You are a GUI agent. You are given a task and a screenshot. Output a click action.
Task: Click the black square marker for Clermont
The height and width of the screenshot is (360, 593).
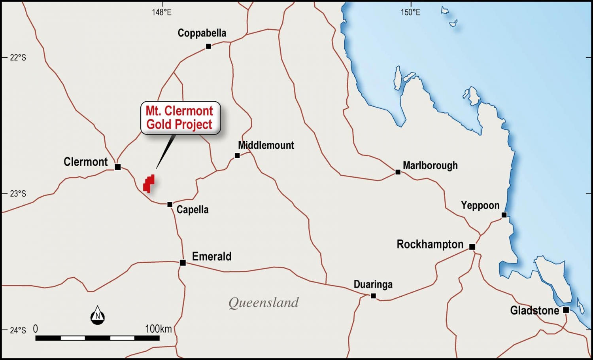pyautogui.click(x=117, y=167)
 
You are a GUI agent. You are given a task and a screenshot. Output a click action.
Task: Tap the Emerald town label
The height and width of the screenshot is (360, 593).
pyautogui.click(x=212, y=256)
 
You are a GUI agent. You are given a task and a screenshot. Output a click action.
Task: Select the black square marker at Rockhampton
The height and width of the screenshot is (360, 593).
pyautogui.click(x=472, y=247)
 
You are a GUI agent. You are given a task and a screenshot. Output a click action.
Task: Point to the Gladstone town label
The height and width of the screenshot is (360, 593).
pyautogui.click(x=534, y=311)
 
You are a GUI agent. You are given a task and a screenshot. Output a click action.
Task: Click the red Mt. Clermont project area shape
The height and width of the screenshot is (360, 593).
pyautogui.click(x=149, y=184)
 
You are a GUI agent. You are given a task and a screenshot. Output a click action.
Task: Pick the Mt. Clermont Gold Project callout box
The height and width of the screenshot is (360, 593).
pyautogui.click(x=180, y=117)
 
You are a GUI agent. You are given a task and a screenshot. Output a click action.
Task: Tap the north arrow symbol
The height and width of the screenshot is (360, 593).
pyautogui.click(x=98, y=315)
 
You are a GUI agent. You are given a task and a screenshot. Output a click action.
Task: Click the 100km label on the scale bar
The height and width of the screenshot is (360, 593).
pyautogui.click(x=158, y=329)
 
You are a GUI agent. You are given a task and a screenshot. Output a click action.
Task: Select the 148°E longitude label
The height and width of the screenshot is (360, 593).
pyautogui.click(x=162, y=12)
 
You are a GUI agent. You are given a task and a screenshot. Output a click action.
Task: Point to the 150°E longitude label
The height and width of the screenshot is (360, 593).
pyautogui.click(x=410, y=12)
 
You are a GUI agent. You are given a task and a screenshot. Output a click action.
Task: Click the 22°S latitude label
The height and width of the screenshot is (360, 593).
pyautogui.click(x=18, y=58)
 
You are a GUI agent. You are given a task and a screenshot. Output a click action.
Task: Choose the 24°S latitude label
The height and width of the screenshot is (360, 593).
pyautogui.click(x=18, y=330)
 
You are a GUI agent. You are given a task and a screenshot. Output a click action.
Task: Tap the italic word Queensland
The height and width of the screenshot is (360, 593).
pyautogui.click(x=263, y=303)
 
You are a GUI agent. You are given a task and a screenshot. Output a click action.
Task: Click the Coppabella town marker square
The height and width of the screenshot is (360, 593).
pyautogui.click(x=208, y=46)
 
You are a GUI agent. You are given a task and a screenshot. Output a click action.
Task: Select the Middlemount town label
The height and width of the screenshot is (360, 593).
pyautogui.click(x=266, y=145)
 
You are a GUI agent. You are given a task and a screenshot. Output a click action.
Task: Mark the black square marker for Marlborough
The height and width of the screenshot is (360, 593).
pyautogui.click(x=398, y=172)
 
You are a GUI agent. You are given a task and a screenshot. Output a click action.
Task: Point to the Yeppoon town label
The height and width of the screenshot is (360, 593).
pyautogui.click(x=480, y=205)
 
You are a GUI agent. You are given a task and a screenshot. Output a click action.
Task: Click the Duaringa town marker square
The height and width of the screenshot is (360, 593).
pyautogui.click(x=373, y=296)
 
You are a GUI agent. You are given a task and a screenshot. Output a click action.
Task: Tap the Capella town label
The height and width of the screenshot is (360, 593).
pyautogui.click(x=193, y=210)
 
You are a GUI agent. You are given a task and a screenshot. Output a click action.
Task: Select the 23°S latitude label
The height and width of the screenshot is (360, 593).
pyautogui.click(x=18, y=194)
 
